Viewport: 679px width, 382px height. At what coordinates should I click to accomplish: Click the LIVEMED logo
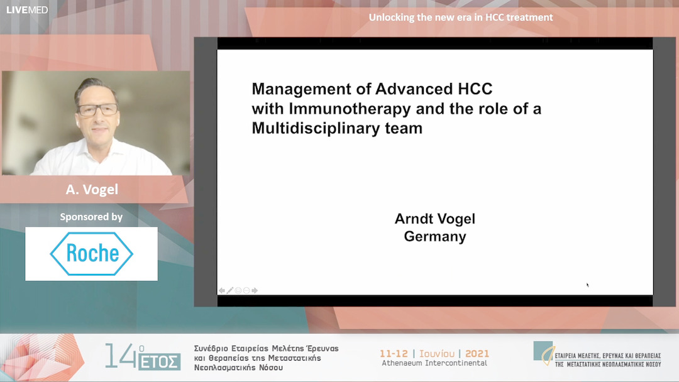(26, 9)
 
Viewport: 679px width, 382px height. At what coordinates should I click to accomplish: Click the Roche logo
(91, 253)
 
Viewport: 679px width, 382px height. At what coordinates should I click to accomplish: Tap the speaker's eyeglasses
(97, 109)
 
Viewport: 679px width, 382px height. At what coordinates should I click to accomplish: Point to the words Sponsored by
(91, 217)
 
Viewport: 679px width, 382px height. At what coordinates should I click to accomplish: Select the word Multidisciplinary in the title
(306, 128)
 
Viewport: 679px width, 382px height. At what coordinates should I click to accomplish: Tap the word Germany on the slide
(435, 236)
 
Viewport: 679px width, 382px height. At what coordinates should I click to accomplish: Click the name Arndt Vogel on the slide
(435, 219)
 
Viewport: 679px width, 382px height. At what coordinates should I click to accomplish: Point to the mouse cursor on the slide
(588, 285)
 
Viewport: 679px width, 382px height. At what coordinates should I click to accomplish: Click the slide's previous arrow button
(222, 290)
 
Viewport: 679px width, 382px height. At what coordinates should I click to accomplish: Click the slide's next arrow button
(255, 290)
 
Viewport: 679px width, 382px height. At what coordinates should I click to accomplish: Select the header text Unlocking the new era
(461, 17)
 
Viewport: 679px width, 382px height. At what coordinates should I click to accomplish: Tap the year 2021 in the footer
(477, 354)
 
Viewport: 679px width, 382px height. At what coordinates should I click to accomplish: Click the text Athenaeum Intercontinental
(434, 363)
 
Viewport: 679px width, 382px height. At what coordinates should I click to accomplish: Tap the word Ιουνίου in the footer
(436, 354)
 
